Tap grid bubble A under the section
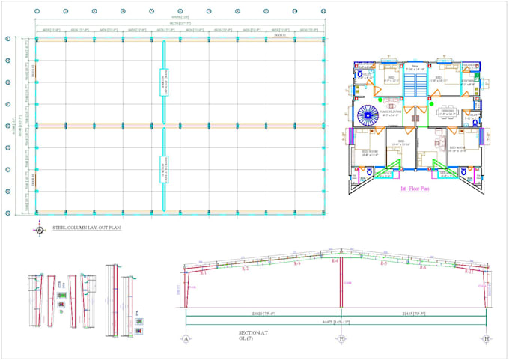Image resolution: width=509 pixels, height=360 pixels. tap(185, 338)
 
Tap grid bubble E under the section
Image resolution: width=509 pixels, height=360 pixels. tap(341, 338)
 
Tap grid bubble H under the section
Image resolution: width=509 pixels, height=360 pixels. tap(487, 338)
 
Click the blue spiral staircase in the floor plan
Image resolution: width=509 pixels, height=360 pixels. tap(369, 116)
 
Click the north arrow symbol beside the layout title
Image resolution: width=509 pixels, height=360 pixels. tap(40, 229)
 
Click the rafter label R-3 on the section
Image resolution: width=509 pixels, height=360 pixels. tap(297, 264)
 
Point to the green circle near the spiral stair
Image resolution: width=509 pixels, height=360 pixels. tap(380, 99)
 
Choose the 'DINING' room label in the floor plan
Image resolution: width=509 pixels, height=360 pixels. tap(447, 109)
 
